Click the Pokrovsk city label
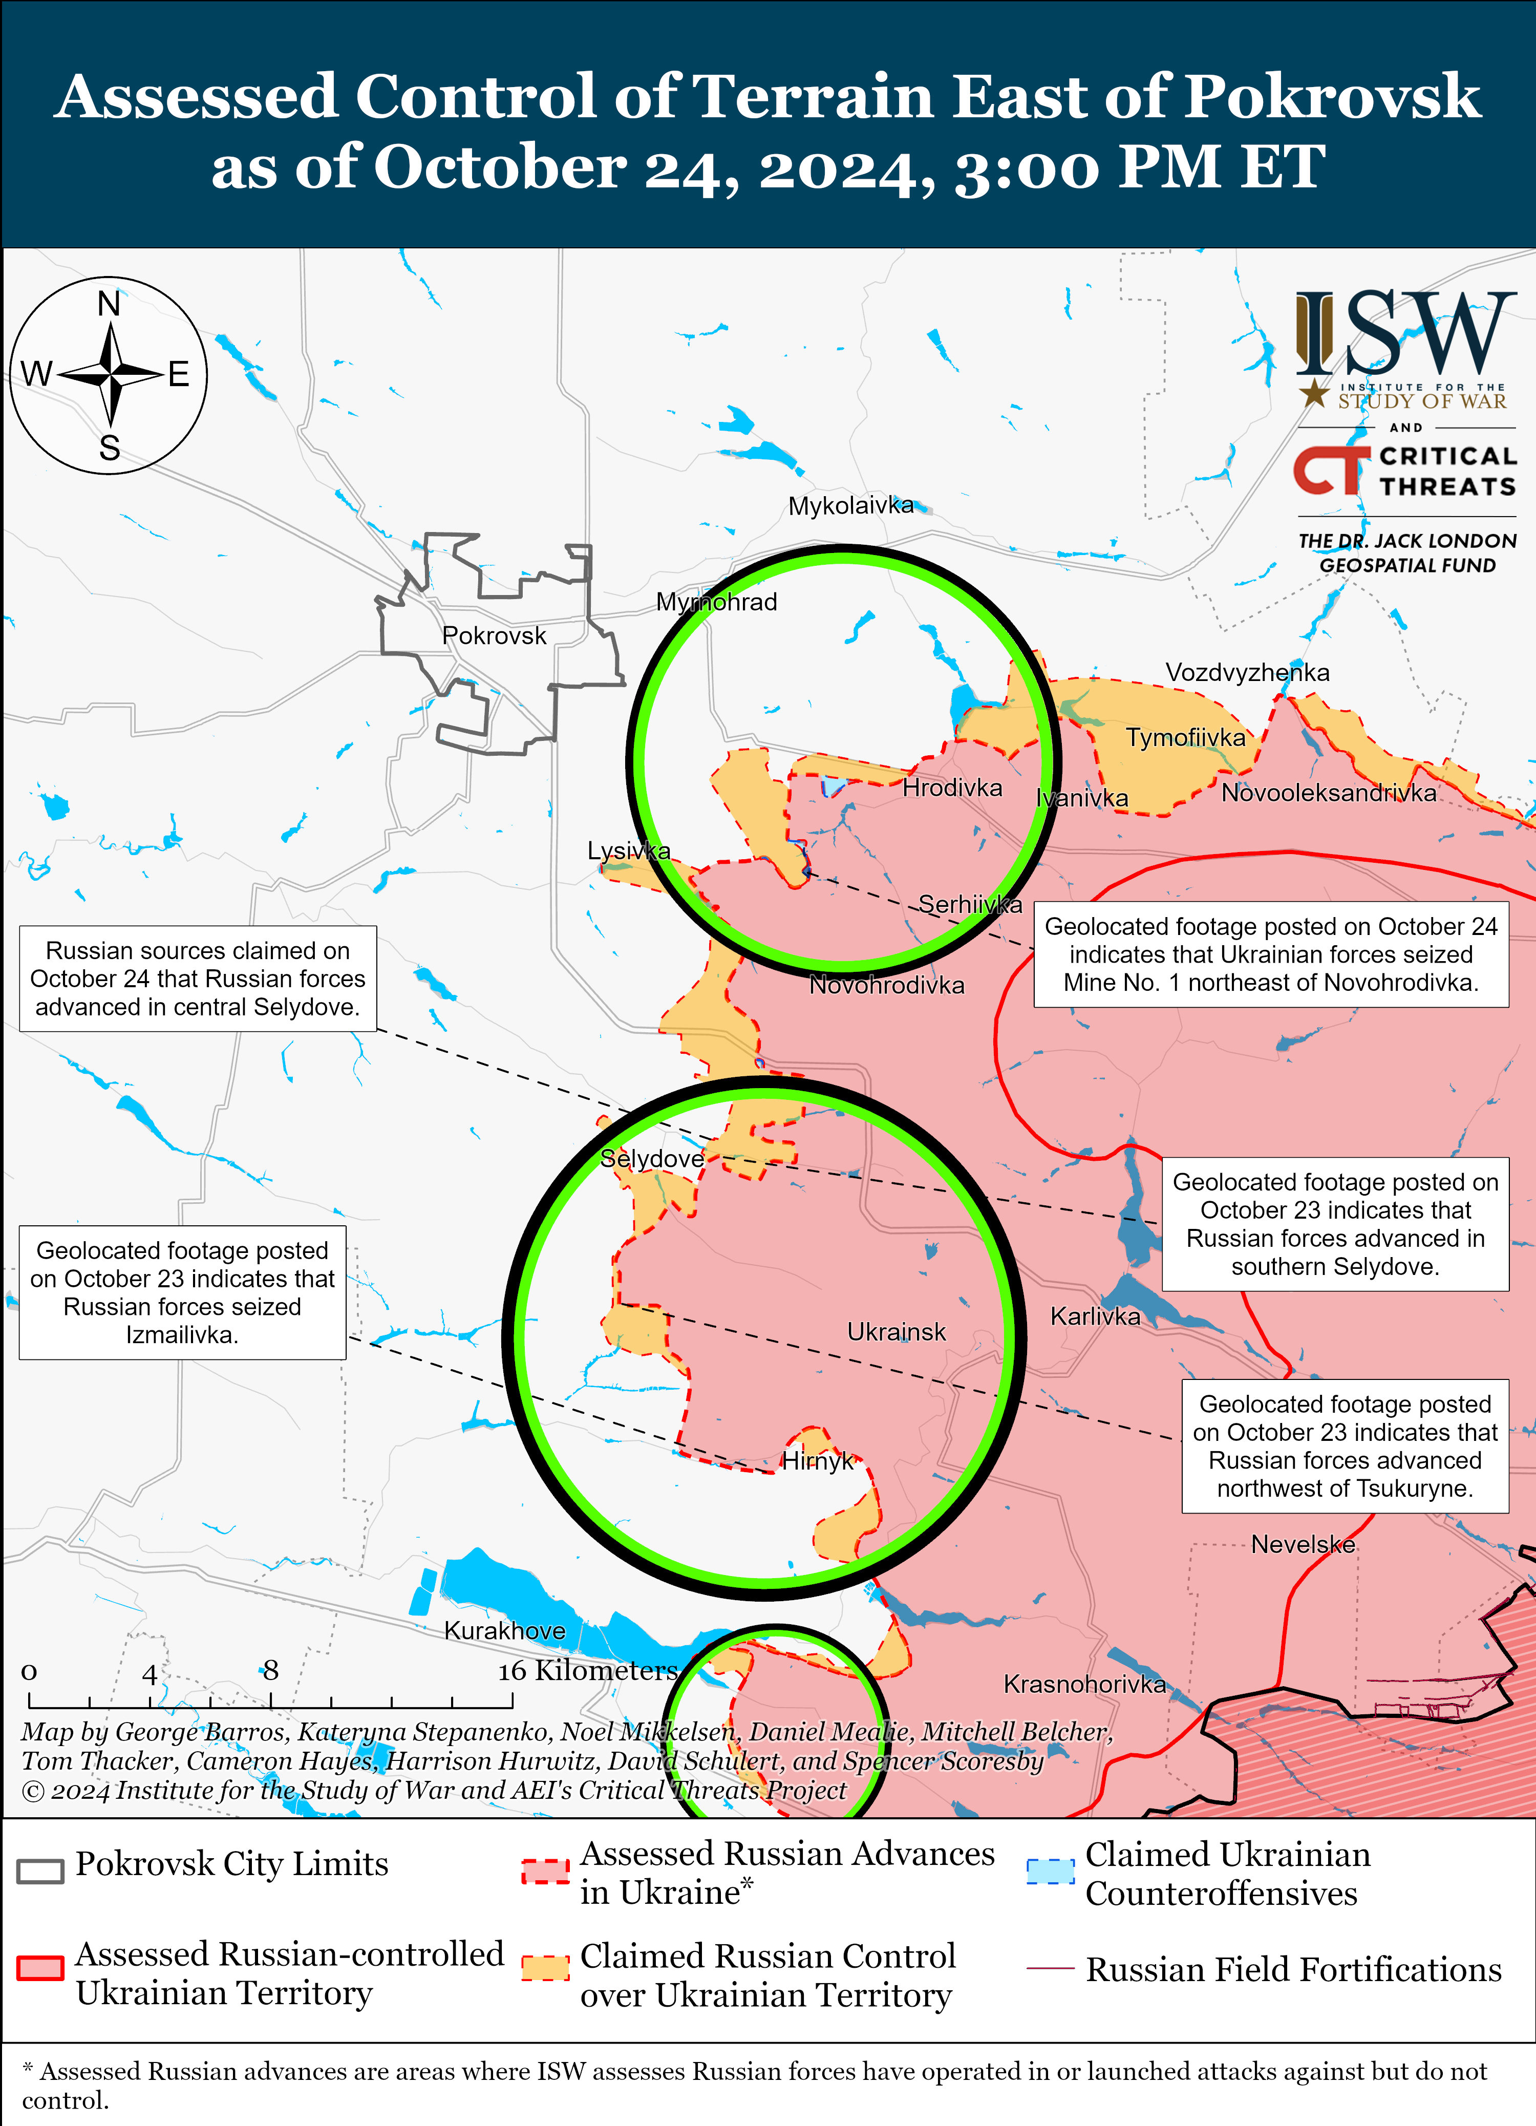(494, 635)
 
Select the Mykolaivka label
(850, 506)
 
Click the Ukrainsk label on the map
(896, 1332)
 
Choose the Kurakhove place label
(504, 1630)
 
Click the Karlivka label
(1095, 1316)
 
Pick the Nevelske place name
(1303, 1544)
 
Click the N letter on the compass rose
(109, 305)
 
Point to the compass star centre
(111, 375)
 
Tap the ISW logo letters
(1406, 333)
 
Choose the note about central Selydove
(198, 979)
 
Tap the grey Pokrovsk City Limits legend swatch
(40, 1870)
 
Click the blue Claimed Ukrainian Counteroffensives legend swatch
(1050, 1871)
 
